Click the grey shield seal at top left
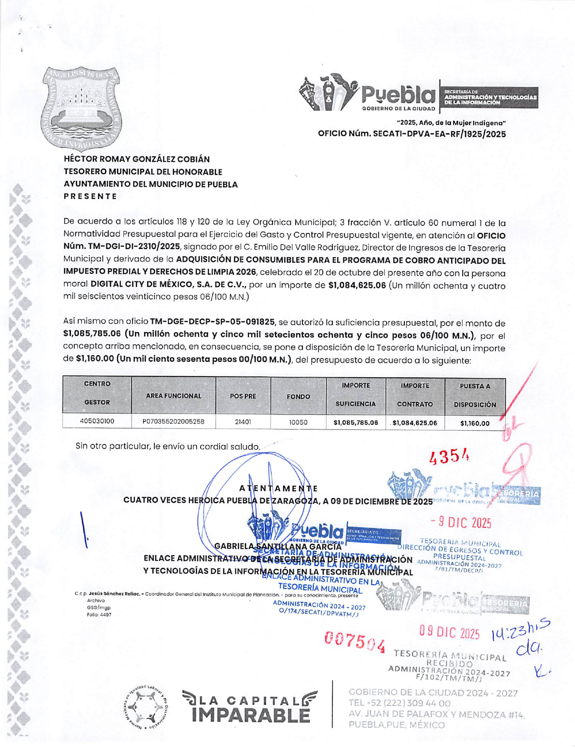click(x=81, y=109)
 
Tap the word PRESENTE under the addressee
click(x=91, y=196)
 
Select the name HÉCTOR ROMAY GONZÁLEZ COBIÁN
click(x=137, y=159)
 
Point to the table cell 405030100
click(x=97, y=421)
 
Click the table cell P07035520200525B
click(x=173, y=422)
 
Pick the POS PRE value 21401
click(x=243, y=422)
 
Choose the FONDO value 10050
click(x=298, y=422)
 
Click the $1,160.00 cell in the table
click(x=474, y=424)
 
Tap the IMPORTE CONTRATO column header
click(x=415, y=395)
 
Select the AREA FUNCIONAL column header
click(x=173, y=396)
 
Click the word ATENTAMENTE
click(x=278, y=488)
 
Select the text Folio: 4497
click(x=99, y=615)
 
